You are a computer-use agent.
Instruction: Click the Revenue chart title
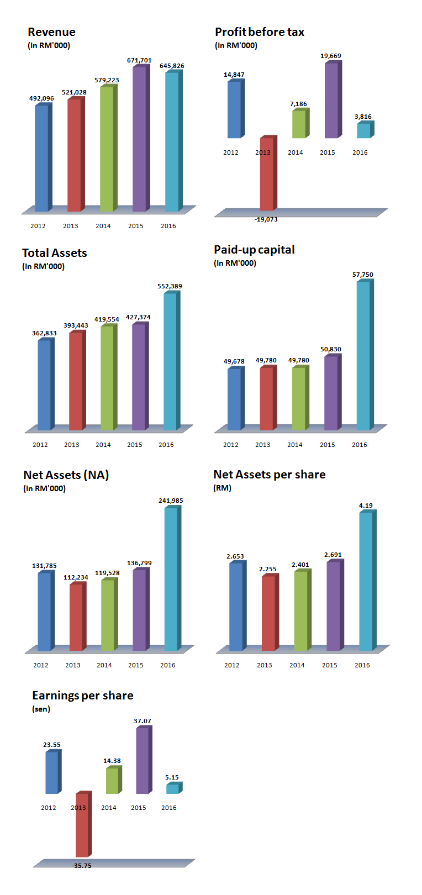coord(51,32)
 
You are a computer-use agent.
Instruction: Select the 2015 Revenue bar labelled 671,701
coord(139,138)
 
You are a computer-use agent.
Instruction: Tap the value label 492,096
coord(41,99)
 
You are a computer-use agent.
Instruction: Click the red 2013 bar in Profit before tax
coord(267,174)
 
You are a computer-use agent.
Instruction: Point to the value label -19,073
coord(266,220)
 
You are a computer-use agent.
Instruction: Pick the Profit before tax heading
coord(260,32)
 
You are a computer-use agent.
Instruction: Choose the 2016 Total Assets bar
coord(170,361)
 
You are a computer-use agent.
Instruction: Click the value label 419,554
coord(107,320)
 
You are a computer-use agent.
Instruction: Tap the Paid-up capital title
coord(254,250)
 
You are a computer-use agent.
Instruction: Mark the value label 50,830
coord(331,350)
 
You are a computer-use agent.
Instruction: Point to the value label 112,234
coord(76,578)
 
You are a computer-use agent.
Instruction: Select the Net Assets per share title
coord(270,475)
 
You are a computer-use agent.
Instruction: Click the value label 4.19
coord(366,506)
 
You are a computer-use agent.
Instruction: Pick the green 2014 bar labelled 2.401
coord(301,610)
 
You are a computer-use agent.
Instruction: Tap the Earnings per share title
coord(83,696)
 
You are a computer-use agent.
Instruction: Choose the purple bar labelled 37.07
coord(143,761)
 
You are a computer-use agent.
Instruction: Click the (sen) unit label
coord(41,709)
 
